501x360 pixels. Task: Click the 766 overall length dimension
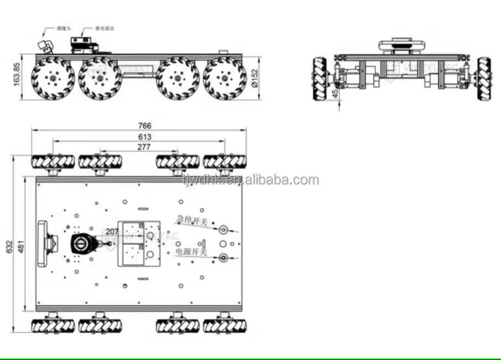(145, 126)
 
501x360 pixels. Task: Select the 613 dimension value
(145, 137)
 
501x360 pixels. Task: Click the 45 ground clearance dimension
(336, 95)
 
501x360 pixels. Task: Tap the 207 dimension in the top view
(112, 232)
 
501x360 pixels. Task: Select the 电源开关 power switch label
(191, 252)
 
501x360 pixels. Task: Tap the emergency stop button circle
(223, 229)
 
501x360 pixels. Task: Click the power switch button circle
(223, 257)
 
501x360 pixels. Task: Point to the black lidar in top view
(84, 244)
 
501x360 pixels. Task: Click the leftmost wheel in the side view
(53, 78)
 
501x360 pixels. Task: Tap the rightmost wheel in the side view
(225, 78)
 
